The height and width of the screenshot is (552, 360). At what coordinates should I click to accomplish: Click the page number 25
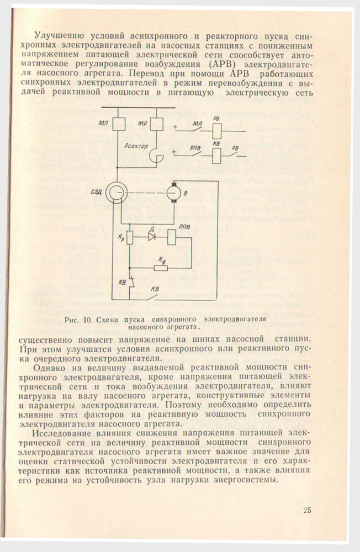[307, 509]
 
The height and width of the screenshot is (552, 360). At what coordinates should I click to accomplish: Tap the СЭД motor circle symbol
[118, 192]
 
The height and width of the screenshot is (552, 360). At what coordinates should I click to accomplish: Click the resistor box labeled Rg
[161, 268]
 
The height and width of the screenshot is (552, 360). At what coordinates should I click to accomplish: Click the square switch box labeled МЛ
[118, 124]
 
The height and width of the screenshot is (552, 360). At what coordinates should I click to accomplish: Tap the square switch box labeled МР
[157, 124]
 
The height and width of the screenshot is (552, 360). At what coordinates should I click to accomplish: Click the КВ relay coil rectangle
[217, 156]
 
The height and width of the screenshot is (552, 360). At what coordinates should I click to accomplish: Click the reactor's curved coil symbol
[157, 157]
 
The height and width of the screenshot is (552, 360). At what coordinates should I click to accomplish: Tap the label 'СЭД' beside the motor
[94, 190]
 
